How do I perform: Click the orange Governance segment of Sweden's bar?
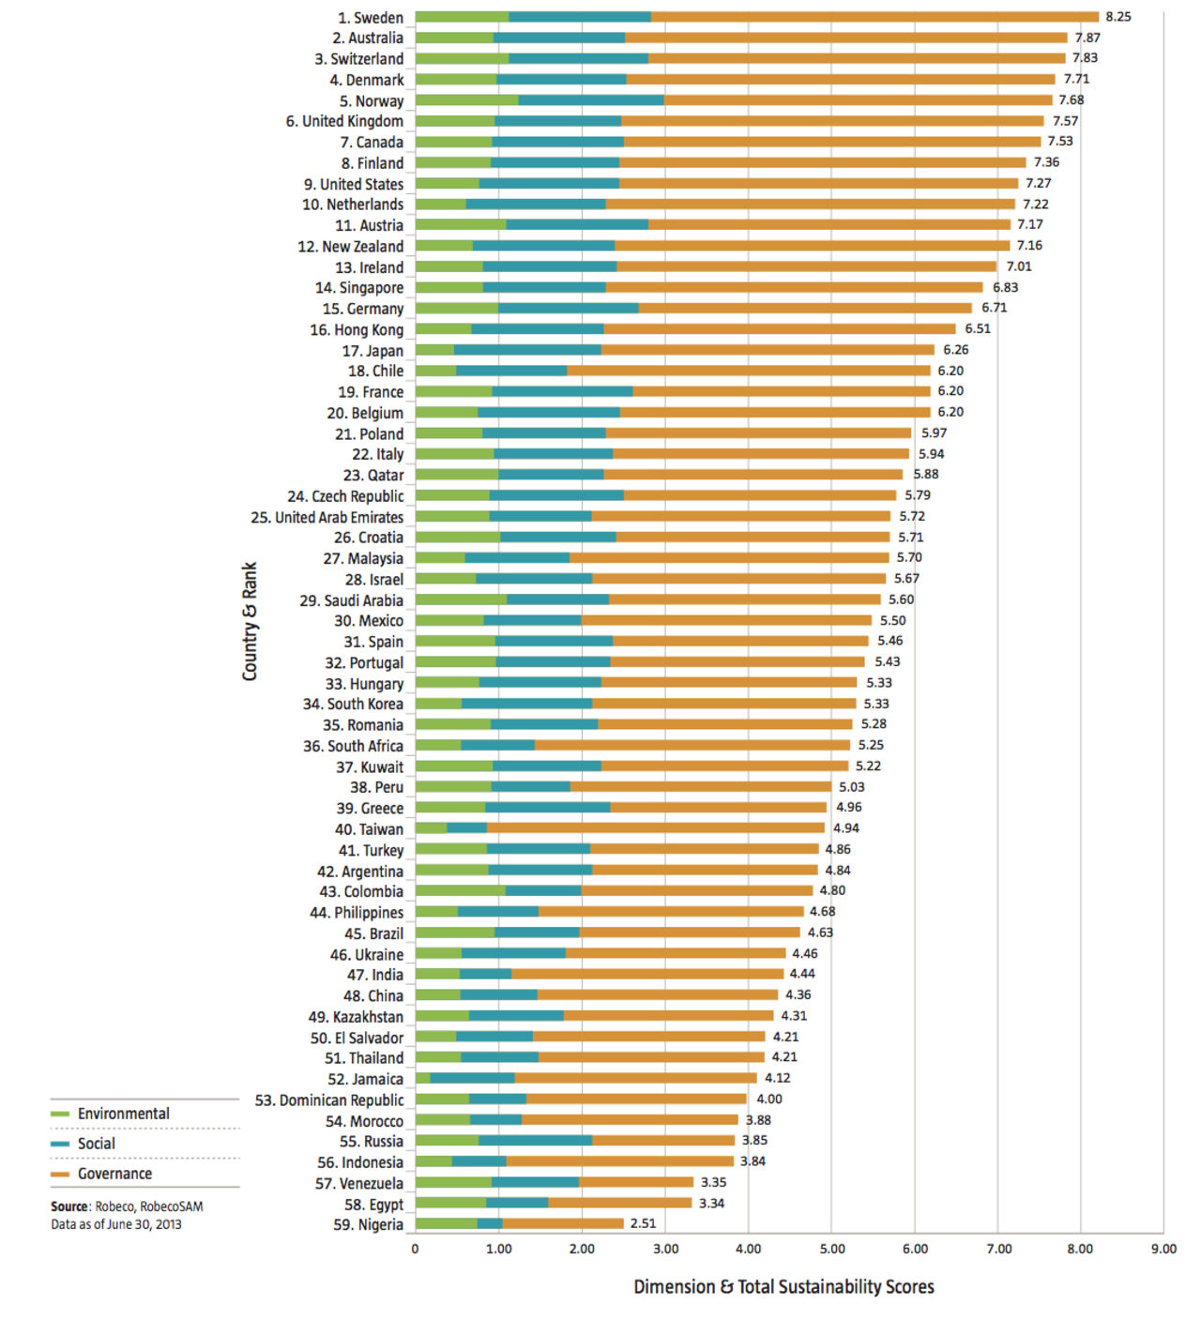tap(873, 17)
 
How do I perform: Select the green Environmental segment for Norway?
tap(466, 100)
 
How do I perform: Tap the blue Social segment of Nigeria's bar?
tap(490, 1223)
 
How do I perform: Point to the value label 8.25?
tap(1117, 17)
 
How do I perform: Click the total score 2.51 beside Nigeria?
tap(643, 1223)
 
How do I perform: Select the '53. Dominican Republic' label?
tap(329, 1100)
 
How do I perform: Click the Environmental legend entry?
tap(123, 1114)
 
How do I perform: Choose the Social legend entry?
tap(96, 1144)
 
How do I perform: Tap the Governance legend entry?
tap(114, 1174)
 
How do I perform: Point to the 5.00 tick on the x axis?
tap(831, 1249)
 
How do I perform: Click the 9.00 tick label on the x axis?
tap(1163, 1249)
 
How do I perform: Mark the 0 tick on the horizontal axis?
tap(416, 1249)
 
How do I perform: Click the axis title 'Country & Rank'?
tap(250, 621)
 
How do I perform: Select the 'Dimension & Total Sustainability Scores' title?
tap(783, 1287)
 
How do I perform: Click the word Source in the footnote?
tap(69, 1206)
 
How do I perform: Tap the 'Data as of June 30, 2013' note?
tap(116, 1224)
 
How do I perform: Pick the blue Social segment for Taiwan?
tap(466, 827)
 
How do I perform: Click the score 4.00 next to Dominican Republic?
tap(769, 1099)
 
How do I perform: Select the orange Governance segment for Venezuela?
tap(636, 1182)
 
